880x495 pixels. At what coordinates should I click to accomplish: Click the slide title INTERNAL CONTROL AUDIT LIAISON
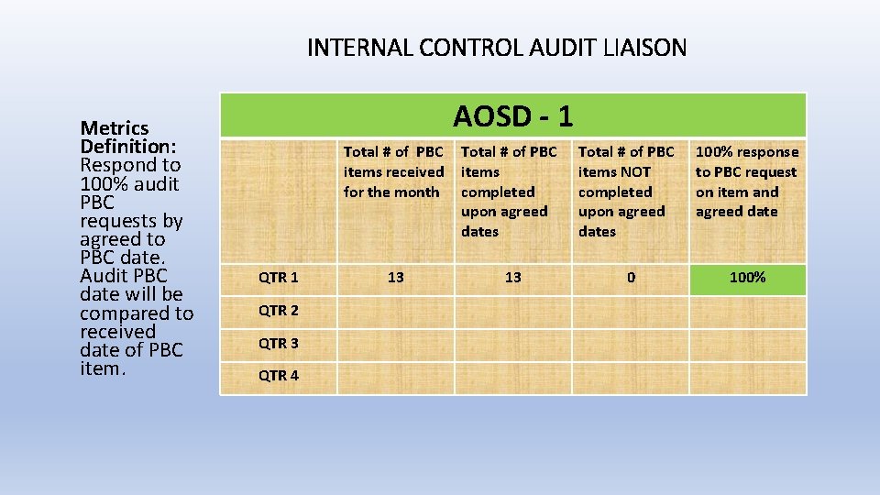tap(496, 48)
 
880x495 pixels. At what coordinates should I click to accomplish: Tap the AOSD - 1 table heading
tap(512, 116)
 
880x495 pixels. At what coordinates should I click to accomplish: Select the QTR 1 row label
tap(278, 277)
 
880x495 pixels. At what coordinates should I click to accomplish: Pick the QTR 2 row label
tap(278, 311)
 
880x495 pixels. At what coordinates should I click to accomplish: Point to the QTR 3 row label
tap(278, 344)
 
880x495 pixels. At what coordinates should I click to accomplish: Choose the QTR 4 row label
tap(278, 376)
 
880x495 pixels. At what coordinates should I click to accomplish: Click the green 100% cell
tap(747, 277)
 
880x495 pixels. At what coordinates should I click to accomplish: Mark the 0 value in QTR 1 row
tap(631, 277)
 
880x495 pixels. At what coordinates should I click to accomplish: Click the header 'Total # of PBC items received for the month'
tap(393, 171)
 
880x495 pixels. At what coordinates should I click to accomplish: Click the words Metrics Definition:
tap(128, 137)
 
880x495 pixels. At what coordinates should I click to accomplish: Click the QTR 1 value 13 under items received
tap(395, 277)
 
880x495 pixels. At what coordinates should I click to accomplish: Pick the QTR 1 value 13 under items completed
tap(512, 277)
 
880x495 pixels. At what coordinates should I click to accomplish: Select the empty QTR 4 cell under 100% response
tap(747, 377)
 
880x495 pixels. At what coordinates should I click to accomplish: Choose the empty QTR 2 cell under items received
tap(395, 312)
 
